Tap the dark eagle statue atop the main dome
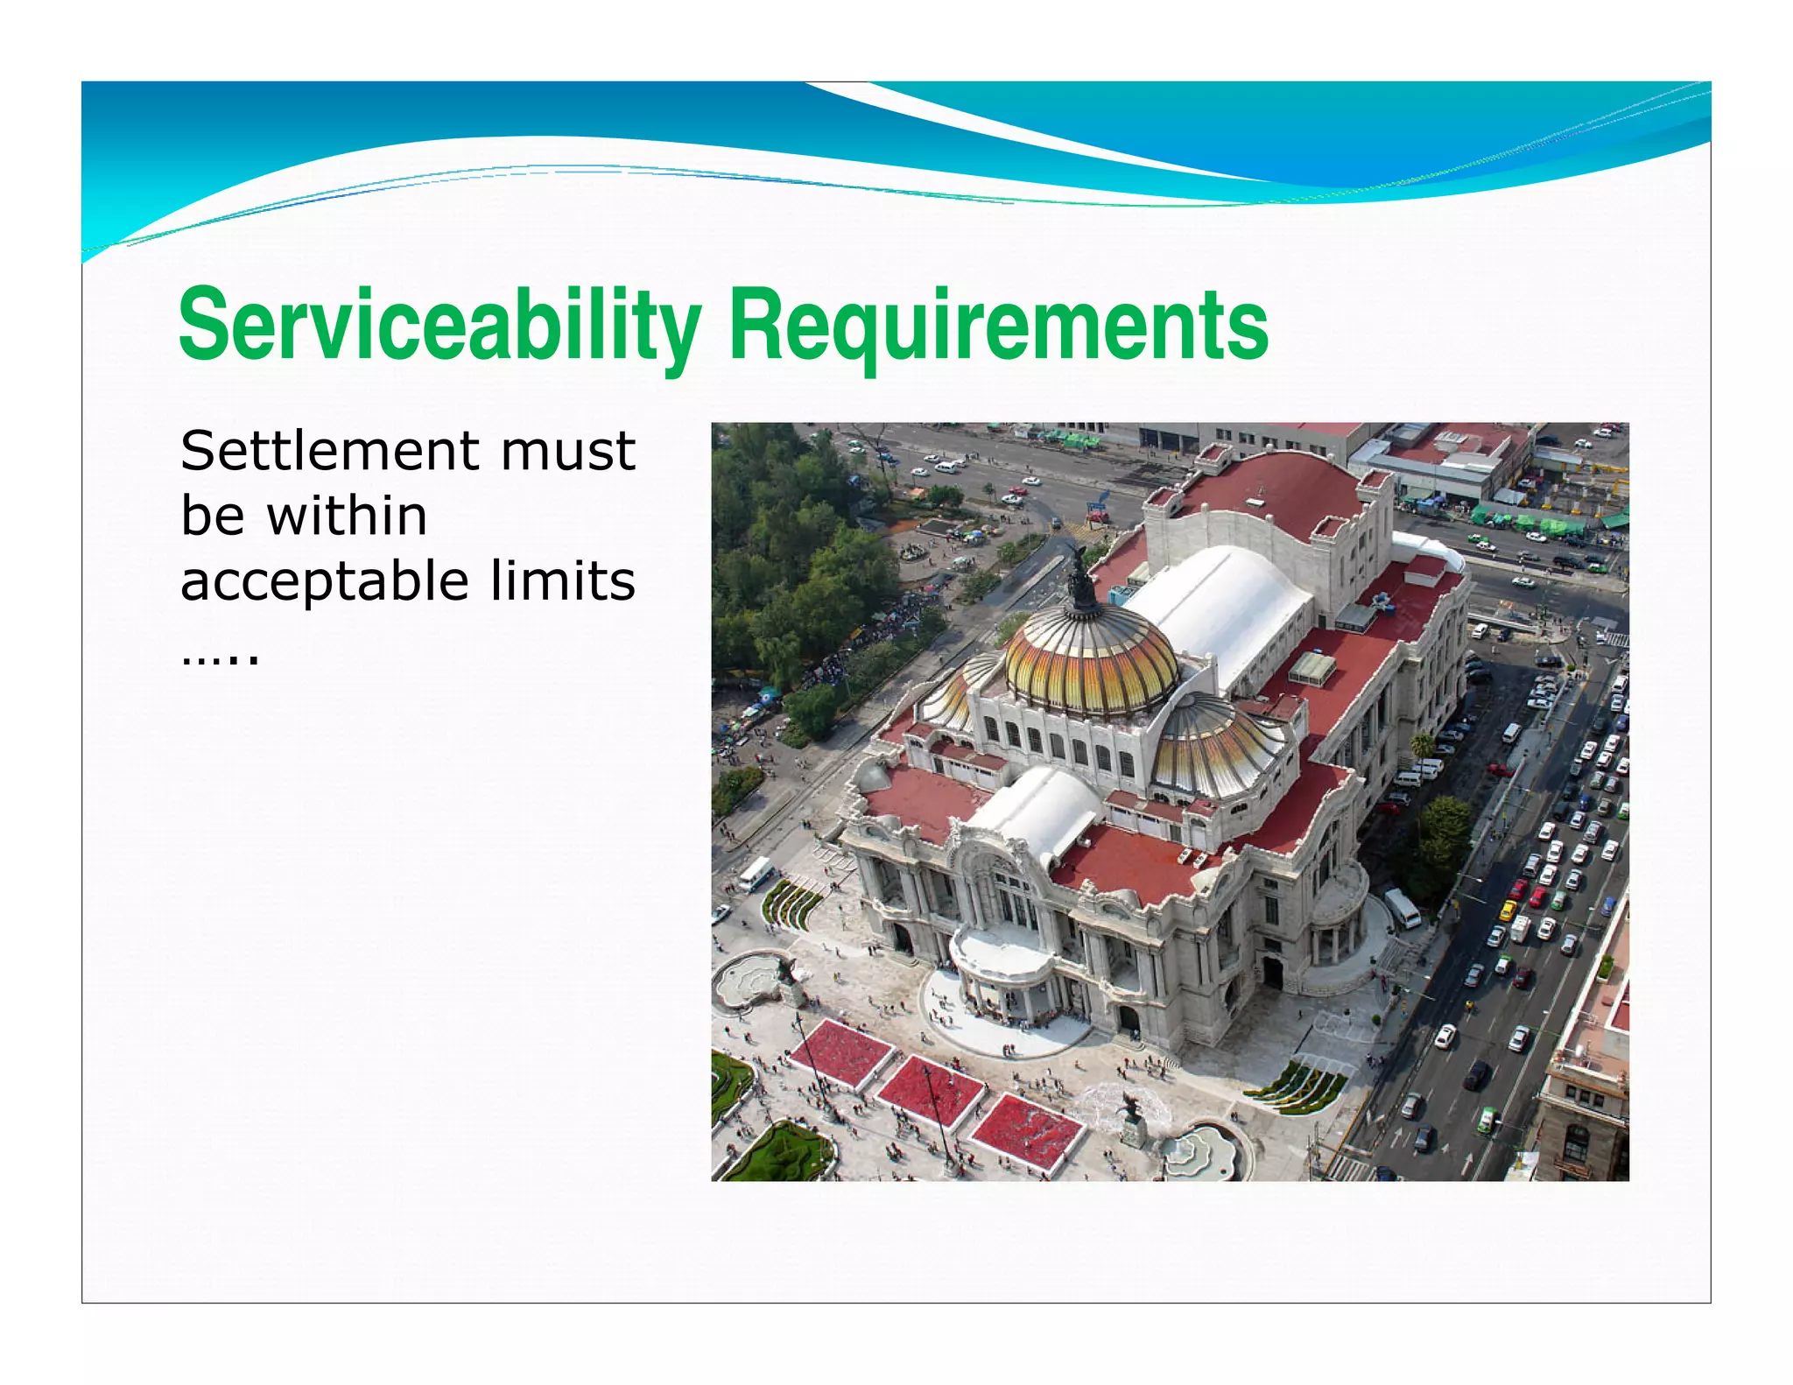(x=1082, y=578)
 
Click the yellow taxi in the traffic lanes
(x=1508, y=910)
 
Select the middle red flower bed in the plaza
(x=930, y=1090)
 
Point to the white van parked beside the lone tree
(x=1402, y=908)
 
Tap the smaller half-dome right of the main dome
(x=1217, y=744)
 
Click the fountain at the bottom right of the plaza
(x=1199, y=1150)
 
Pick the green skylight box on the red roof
(x=1311, y=668)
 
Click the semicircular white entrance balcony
(x=1001, y=950)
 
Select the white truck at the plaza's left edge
(x=755, y=873)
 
